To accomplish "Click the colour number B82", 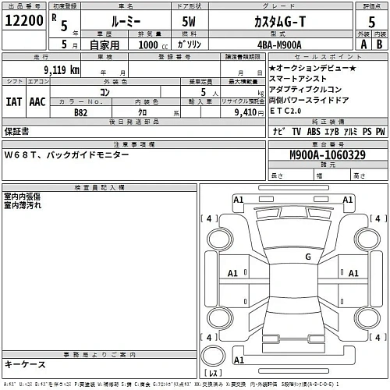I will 81,112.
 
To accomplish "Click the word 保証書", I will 18,133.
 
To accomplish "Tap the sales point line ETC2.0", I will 288,110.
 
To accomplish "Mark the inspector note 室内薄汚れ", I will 23,205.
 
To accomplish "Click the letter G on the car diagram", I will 307,256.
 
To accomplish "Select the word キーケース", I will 24,364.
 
